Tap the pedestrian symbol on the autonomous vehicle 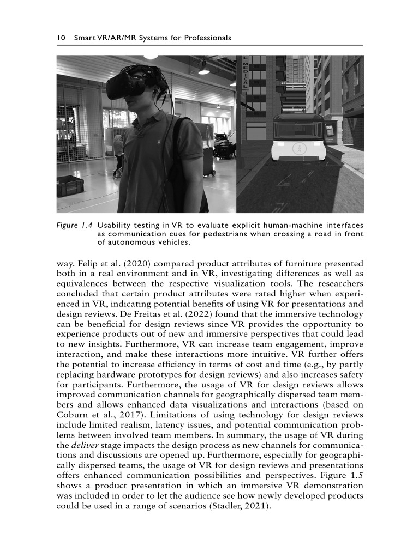coord(298,149)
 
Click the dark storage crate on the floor coord(70,186)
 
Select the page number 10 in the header coord(61,38)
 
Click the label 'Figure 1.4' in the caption coord(74,225)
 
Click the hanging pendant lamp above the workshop coord(203,69)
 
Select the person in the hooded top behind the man coord(118,153)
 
